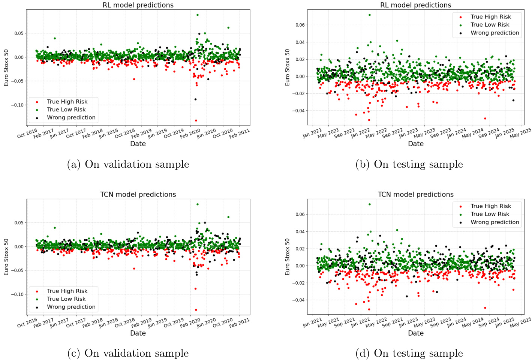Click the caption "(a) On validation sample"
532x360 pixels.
(x=128, y=164)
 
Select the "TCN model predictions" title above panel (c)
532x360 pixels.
(x=138, y=194)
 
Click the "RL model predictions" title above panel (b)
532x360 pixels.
(x=415, y=5)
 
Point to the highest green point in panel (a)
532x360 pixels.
(x=198, y=15)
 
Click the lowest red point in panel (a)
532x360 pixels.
(x=196, y=120)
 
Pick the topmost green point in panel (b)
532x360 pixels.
(x=370, y=15)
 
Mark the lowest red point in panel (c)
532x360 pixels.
(x=196, y=310)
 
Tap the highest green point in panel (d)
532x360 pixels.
(x=370, y=204)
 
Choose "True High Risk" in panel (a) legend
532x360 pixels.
(x=67, y=102)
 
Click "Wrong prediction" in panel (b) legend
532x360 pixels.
(x=495, y=33)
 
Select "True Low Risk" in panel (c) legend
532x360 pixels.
(x=66, y=299)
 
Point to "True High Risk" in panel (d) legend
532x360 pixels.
(x=491, y=206)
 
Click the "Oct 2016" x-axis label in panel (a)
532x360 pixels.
(x=27, y=133)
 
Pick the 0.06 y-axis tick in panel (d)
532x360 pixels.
(x=300, y=214)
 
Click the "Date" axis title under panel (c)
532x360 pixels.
(x=138, y=333)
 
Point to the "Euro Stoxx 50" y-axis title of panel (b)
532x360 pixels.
(x=288, y=67)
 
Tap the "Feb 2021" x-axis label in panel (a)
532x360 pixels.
(x=239, y=133)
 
